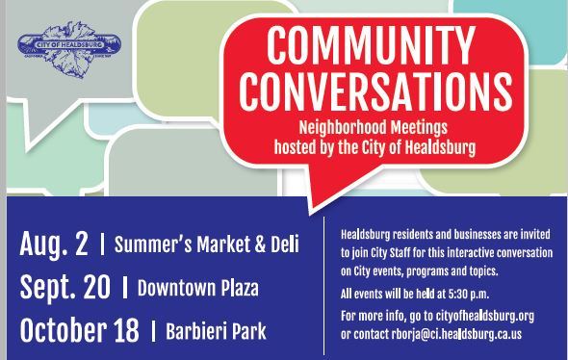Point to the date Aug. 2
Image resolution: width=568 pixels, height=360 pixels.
coord(52,244)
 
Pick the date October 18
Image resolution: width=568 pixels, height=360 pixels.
coord(78,330)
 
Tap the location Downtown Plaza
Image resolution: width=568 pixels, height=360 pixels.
coord(198,288)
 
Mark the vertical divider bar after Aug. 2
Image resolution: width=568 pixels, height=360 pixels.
coord(101,244)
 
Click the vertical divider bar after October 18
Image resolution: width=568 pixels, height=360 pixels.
coord(154,332)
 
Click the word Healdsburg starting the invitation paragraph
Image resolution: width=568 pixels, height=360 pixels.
coord(371,235)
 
